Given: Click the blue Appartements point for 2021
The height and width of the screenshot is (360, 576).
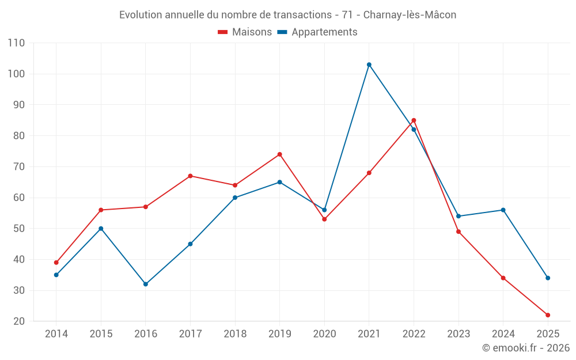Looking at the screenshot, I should point(369,65).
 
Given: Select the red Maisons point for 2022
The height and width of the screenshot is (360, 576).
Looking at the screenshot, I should point(414,120).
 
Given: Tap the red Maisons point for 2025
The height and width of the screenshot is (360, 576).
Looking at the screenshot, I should point(548,315).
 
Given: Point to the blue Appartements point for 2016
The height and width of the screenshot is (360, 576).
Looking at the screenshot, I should point(146,284).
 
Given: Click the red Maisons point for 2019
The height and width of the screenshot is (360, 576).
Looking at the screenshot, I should point(280,154).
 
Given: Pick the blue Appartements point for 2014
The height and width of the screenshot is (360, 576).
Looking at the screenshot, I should point(56,275).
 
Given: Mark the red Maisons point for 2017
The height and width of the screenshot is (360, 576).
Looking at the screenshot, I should point(190,176).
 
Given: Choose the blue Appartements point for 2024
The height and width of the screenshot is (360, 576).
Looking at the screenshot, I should point(503,210).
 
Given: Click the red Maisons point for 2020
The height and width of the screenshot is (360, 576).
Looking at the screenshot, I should point(324,219).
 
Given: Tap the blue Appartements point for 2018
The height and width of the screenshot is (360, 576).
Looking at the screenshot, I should point(235,198).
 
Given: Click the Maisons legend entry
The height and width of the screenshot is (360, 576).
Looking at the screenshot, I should point(245,32).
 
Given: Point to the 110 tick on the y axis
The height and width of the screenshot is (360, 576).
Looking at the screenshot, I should point(17,43).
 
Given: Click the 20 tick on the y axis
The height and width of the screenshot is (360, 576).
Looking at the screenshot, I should point(19,321).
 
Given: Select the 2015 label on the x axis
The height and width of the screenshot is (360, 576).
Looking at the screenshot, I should point(101,334).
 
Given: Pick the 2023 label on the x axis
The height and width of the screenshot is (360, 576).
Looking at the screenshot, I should point(458,334).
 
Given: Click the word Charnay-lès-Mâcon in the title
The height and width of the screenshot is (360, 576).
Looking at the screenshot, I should point(410,15).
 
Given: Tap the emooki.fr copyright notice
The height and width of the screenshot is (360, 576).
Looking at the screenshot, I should point(526,348).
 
